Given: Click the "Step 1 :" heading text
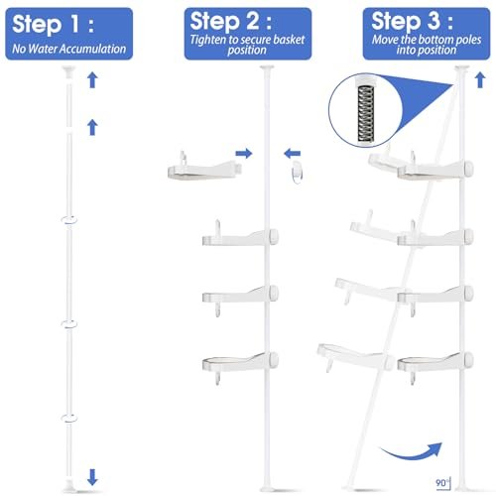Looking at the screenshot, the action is click(53, 24).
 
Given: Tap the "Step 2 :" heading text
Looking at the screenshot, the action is click(231, 21).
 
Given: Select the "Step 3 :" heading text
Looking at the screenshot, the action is click(412, 21).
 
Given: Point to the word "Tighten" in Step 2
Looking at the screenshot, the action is click(209, 40).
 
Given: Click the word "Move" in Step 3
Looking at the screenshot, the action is click(385, 40).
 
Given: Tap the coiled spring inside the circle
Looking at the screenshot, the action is click(365, 113).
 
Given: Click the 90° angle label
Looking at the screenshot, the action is click(442, 483).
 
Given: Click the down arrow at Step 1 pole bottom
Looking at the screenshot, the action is click(92, 477).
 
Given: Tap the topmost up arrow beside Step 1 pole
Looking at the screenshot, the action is click(92, 80).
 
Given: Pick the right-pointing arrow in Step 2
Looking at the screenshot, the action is click(244, 153).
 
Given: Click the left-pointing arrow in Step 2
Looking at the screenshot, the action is click(292, 153).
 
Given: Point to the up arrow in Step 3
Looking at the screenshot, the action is click(480, 80).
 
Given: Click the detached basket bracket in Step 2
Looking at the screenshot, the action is click(204, 167).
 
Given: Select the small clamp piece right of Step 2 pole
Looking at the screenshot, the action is click(297, 173).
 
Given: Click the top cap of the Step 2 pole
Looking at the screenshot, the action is click(267, 67).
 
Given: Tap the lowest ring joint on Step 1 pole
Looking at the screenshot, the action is click(69, 419).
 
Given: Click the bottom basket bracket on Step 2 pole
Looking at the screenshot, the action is click(240, 365).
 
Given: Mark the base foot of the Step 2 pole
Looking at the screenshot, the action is click(267, 488).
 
